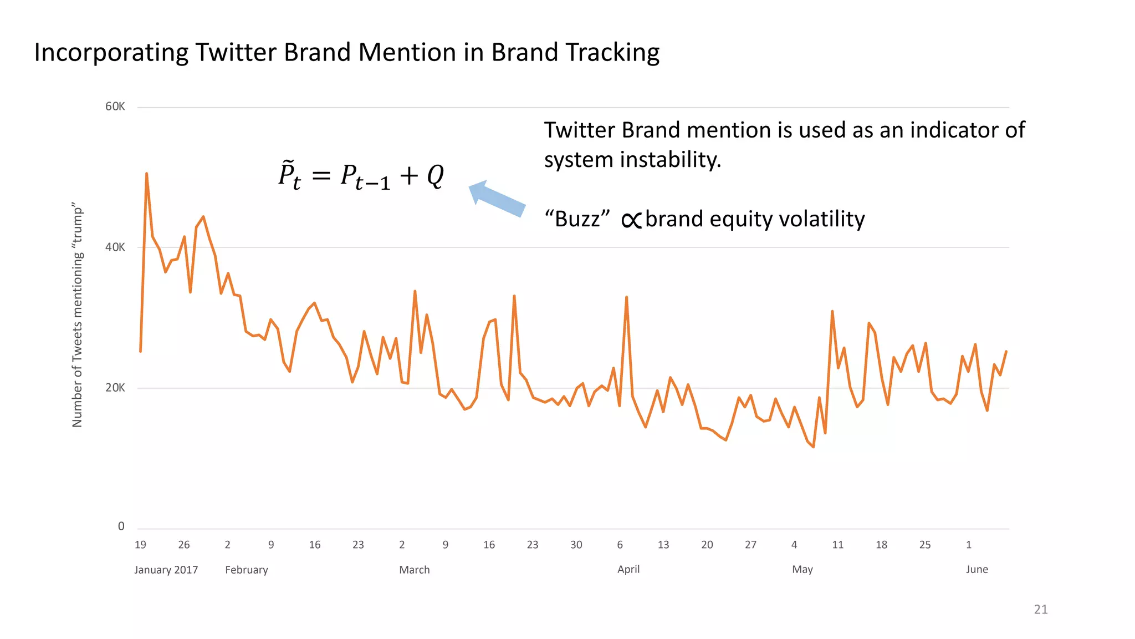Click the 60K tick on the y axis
point(115,106)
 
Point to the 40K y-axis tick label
point(115,247)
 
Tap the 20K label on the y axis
point(115,388)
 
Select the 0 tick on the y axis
point(121,526)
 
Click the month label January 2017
point(166,570)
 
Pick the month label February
point(247,570)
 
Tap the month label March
point(415,570)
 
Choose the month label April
point(628,569)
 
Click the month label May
point(802,569)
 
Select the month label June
point(977,569)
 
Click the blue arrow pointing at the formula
point(497,198)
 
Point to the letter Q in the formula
point(436,176)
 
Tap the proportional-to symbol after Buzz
point(631,220)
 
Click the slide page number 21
point(1041,609)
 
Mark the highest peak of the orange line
point(146,174)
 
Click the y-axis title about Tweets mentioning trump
point(77,315)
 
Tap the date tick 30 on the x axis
point(576,545)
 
